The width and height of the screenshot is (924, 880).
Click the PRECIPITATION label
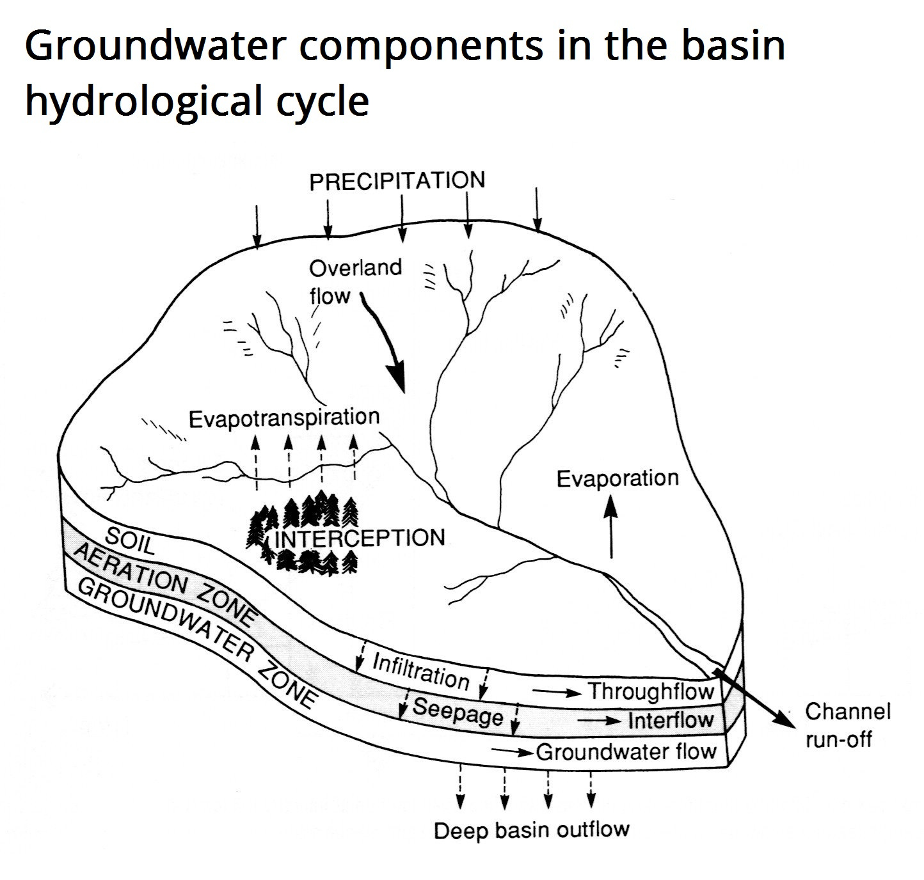point(397,181)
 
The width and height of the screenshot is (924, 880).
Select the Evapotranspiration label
point(284,418)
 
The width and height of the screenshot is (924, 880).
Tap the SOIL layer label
point(130,540)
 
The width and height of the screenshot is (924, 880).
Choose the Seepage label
point(458,711)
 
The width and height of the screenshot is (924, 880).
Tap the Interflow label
point(671,721)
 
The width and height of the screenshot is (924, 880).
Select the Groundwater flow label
point(626,751)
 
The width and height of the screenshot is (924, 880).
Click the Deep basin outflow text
point(531,830)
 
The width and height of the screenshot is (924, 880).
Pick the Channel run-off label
point(847,725)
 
